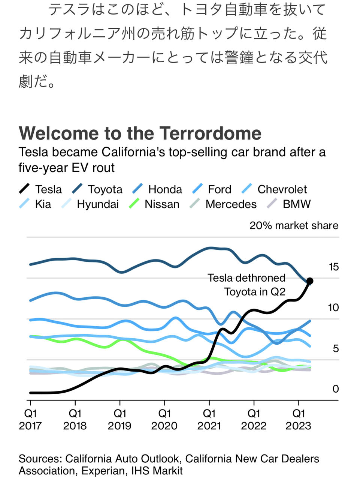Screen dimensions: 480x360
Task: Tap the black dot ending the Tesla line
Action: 310,281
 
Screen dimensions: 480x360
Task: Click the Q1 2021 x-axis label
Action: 209,420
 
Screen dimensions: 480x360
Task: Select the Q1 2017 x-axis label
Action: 30,420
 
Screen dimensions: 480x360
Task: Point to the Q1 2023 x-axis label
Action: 299,420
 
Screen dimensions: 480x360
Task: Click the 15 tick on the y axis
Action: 333,267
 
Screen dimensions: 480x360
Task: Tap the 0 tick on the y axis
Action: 336,389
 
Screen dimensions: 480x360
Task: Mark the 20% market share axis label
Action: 294,225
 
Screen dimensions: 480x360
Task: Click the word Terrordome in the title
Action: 211,133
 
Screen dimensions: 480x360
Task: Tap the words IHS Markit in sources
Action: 157,471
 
